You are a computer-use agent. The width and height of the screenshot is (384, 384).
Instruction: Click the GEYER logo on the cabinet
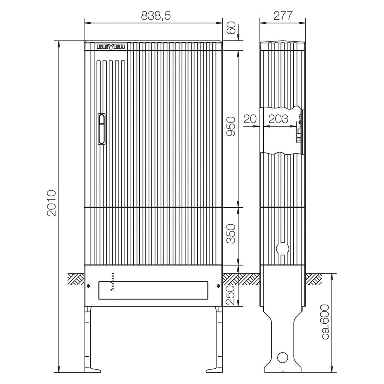[111, 47]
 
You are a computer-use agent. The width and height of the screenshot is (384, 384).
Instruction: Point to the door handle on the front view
[102, 129]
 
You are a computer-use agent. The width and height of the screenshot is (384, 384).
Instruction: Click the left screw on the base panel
[89, 286]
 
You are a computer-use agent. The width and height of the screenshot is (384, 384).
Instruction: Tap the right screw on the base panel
[218, 286]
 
